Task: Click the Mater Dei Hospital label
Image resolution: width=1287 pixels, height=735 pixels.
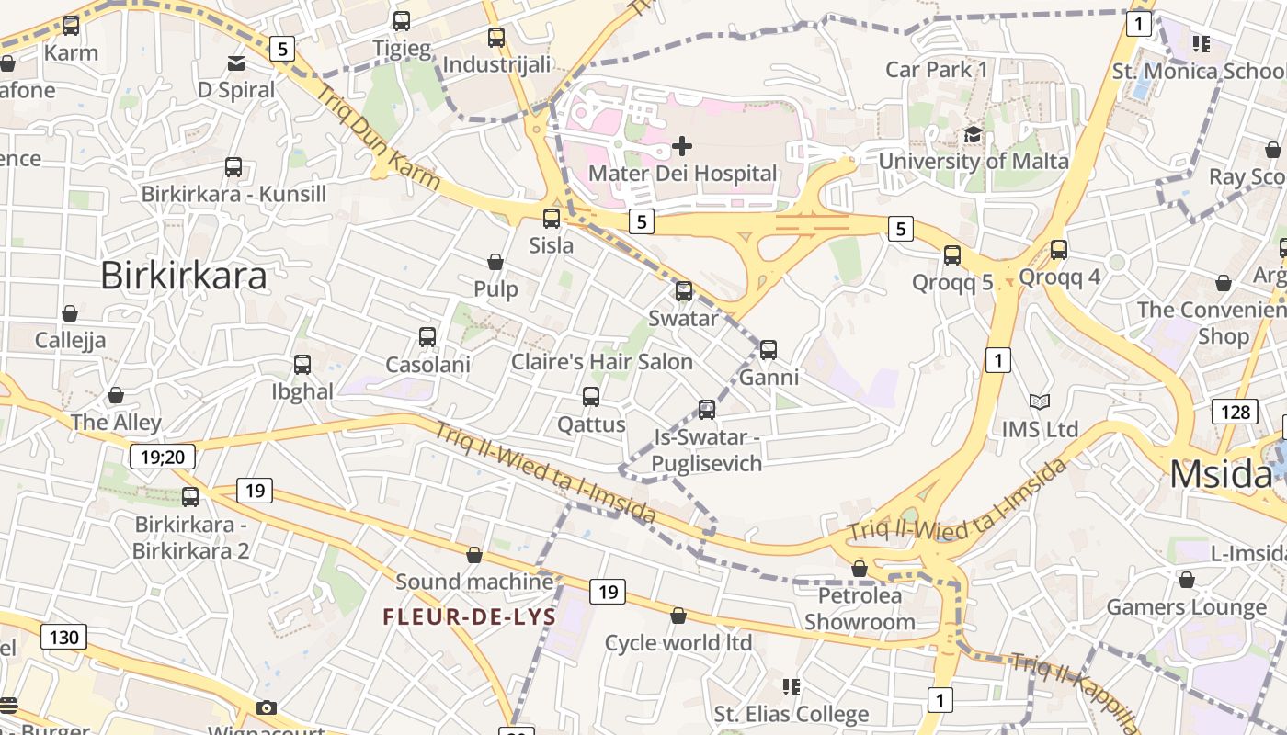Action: pyautogui.click(x=682, y=173)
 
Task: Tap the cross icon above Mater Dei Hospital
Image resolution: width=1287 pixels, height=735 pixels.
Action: pyautogui.click(x=682, y=145)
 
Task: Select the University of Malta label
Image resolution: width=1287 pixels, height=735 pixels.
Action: pyautogui.click(x=974, y=162)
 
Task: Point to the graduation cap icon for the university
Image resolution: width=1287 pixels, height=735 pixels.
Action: pyautogui.click(x=973, y=135)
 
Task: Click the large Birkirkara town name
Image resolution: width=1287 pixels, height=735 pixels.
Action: pyautogui.click(x=183, y=275)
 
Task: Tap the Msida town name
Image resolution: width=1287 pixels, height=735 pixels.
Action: pyautogui.click(x=1221, y=474)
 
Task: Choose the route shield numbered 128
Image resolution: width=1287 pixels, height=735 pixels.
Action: pyautogui.click(x=1235, y=411)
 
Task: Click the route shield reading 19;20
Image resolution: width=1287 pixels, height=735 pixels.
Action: pyautogui.click(x=163, y=457)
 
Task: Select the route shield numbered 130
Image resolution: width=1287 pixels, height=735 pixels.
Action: pyautogui.click(x=64, y=637)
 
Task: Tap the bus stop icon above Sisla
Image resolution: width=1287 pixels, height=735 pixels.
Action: pyautogui.click(x=552, y=219)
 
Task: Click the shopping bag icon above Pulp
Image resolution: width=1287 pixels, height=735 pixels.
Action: pyautogui.click(x=495, y=263)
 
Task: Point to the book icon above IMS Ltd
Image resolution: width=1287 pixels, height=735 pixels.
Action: pyautogui.click(x=1040, y=402)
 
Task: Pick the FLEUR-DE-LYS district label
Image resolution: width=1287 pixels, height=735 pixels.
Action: pyautogui.click(x=470, y=616)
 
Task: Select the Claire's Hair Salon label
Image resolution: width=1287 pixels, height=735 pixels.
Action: pyautogui.click(x=601, y=362)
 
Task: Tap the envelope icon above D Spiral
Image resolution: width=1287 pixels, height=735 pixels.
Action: pyautogui.click(x=236, y=63)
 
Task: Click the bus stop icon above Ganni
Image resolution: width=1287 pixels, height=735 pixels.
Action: pyautogui.click(x=769, y=350)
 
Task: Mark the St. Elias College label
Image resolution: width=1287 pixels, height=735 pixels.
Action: pyautogui.click(x=792, y=714)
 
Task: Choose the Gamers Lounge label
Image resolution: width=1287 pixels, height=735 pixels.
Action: pyautogui.click(x=1186, y=607)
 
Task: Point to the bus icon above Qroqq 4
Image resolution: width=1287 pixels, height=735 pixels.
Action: pyautogui.click(x=1059, y=249)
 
